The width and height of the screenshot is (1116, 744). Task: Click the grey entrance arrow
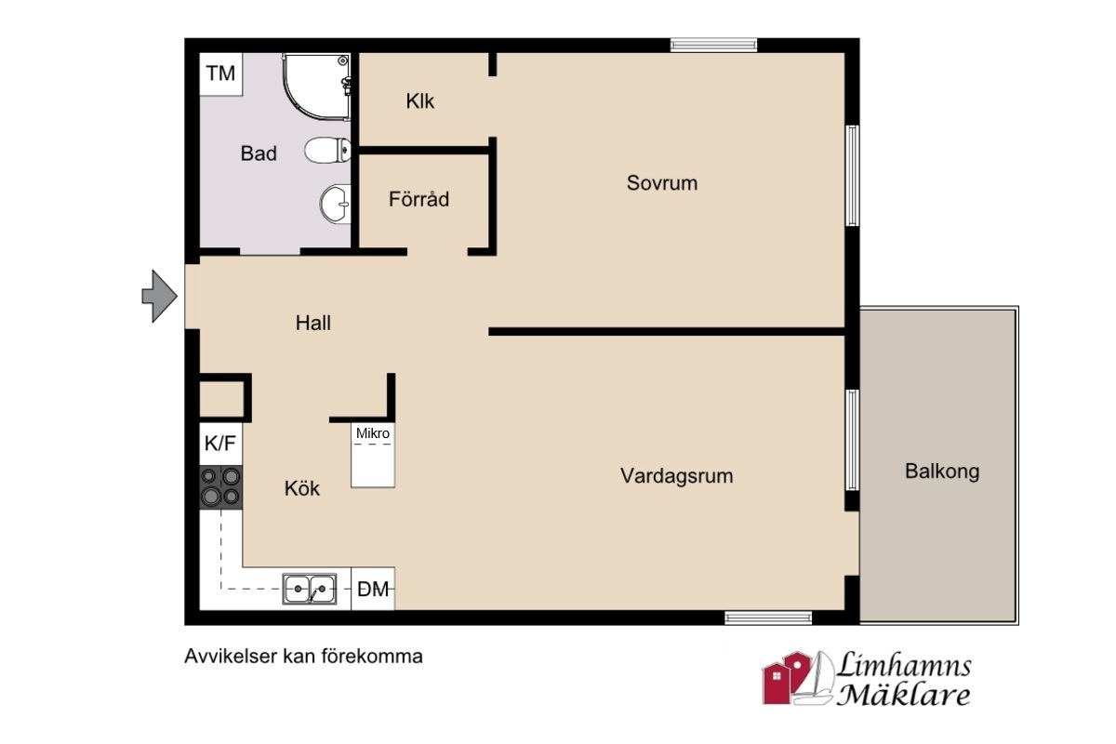159,297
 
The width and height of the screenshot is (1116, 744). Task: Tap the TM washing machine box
220,73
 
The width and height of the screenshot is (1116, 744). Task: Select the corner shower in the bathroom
317,86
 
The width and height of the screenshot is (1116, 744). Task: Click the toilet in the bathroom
327,150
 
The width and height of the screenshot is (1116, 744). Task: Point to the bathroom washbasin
336,204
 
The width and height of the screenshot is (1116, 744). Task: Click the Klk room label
419,101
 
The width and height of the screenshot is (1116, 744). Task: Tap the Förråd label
418,199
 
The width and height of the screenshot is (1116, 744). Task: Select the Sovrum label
661,183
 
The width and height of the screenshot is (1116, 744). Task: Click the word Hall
312,323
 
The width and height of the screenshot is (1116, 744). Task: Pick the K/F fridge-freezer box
220,444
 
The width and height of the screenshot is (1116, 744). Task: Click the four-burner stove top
220,487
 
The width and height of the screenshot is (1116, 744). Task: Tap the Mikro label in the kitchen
373,433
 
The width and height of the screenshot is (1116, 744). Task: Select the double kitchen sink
310,589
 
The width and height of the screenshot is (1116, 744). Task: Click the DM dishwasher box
373,589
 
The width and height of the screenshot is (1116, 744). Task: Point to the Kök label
302,488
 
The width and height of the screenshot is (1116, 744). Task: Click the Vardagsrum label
677,476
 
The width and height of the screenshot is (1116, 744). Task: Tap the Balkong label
942,472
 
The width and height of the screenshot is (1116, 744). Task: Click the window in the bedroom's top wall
713,45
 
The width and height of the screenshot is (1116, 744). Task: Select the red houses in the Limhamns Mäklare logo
787,678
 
